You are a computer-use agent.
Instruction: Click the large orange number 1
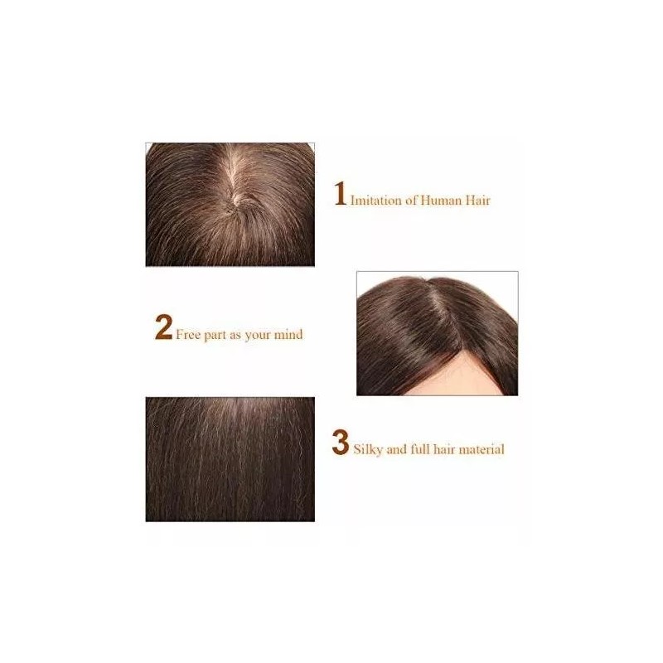tap(340, 195)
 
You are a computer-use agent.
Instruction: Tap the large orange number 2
tap(163, 328)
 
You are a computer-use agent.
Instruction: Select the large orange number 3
tap(340, 443)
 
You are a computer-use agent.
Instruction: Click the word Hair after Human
tap(478, 200)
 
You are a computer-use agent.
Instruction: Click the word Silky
tap(367, 449)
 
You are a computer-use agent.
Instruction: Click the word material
tap(481, 449)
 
